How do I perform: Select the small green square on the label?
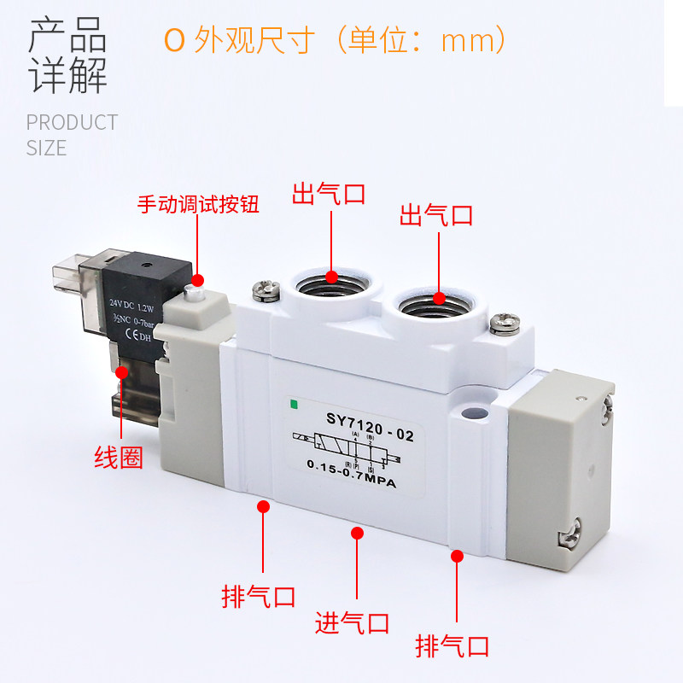click(x=295, y=404)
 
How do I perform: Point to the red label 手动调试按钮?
click(x=198, y=206)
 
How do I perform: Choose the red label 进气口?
click(x=353, y=623)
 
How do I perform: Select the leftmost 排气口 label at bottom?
click(x=259, y=595)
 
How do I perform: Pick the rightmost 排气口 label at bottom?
click(x=452, y=645)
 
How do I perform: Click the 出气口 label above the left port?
click(x=330, y=193)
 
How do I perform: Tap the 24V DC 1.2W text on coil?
click(x=136, y=302)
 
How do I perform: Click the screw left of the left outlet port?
click(x=265, y=289)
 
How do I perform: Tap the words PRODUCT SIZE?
click(x=72, y=135)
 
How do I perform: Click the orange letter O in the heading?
click(x=174, y=41)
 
